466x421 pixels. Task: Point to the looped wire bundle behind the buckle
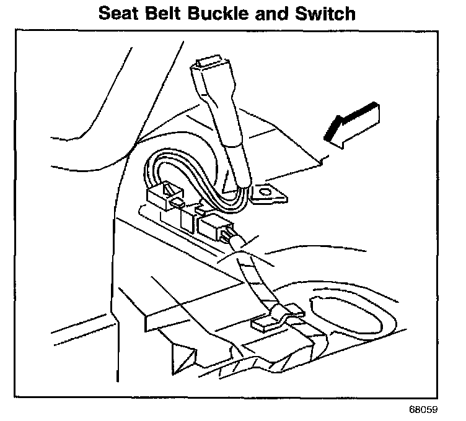(167, 170)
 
